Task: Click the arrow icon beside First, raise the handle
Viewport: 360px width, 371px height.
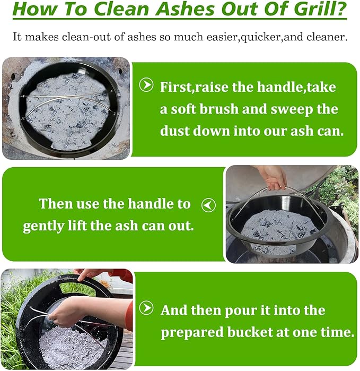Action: pos(146,85)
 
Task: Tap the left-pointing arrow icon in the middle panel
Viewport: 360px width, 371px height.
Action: pos(208,205)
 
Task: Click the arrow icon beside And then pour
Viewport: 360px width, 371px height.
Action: pos(146,308)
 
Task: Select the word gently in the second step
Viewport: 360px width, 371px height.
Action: pos(43,227)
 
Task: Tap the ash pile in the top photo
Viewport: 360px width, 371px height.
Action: pos(67,111)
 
